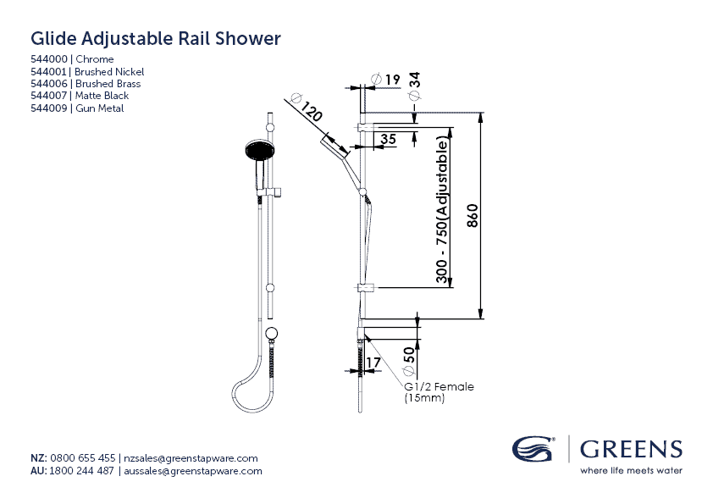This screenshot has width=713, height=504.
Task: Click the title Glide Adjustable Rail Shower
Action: point(155,39)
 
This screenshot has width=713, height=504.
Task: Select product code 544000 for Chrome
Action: point(51,59)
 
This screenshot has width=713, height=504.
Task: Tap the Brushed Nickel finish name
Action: point(109,72)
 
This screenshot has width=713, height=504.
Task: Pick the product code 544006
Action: point(51,84)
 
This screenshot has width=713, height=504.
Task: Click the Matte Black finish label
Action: point(102,96)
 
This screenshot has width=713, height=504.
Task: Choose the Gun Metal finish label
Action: point(99,108)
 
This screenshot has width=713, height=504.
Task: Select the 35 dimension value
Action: point(388,139)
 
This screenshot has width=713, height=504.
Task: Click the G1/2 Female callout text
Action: point(439,387)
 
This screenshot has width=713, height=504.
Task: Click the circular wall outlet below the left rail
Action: point(272,333)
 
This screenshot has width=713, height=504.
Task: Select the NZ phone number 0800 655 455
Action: point(83,458)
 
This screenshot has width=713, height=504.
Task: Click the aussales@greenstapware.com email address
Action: point(193,471)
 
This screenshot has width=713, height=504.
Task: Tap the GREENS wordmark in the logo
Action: point(630,449)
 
